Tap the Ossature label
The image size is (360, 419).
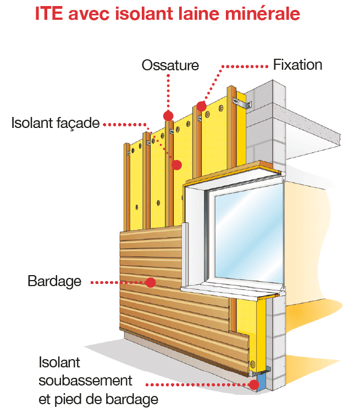click(x=170, y=65)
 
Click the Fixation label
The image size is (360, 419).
click(x=297, y=65)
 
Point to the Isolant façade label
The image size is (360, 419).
click(x=55, y=123)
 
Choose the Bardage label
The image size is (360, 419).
click(x=54, y=282)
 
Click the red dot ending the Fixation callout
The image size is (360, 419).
click(x=201, y=105)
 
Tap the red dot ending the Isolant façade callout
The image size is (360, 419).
click(x=176, y=164)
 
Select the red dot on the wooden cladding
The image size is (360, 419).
click(x=151, y=282)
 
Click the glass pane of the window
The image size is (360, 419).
click(x=247, y=231)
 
